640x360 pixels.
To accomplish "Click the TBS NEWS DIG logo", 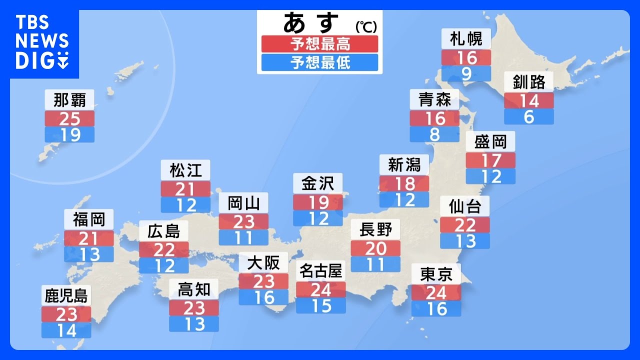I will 42,42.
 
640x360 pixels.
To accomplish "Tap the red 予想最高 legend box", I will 320,44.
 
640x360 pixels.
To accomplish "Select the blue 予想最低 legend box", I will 320,62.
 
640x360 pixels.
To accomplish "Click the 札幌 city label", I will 466,39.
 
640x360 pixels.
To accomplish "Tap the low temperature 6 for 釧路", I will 529,116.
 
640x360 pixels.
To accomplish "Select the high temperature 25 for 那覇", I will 69,118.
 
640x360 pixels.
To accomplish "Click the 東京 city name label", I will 436,274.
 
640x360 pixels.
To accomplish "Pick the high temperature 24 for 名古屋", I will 321,289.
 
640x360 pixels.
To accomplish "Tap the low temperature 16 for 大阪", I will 263,297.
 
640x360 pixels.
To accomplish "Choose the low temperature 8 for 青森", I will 434,134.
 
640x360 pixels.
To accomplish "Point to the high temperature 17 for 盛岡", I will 490,160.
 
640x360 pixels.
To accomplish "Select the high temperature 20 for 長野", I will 375,248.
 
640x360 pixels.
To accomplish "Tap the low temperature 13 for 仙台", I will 465,240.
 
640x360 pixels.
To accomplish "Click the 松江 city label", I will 185,170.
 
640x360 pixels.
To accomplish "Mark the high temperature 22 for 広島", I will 164,249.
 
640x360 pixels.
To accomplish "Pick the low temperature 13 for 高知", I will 194,323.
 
